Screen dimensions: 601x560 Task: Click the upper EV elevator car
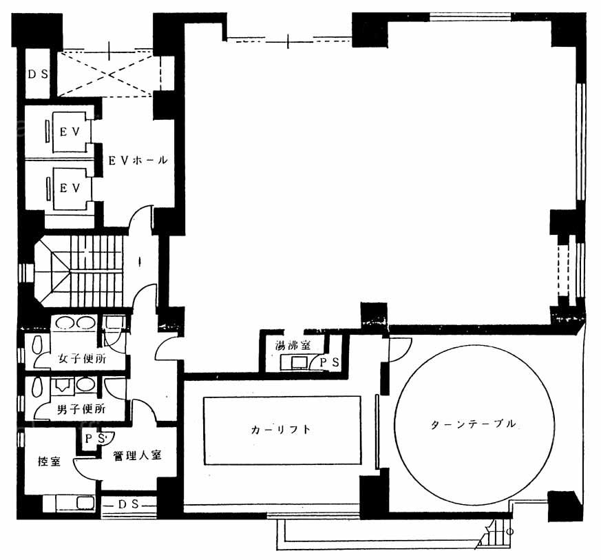(70, 132)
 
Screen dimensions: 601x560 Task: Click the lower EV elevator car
(70, 188)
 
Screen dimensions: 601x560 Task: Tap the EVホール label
(138, 160)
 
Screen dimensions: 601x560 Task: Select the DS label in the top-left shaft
(38, 74)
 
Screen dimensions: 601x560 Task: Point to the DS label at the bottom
(128, 504)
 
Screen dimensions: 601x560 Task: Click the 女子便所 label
(82, 359)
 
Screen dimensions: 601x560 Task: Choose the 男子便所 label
(81, 409)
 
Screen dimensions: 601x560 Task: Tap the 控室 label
(49, 461)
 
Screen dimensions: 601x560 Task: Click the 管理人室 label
(137, 456)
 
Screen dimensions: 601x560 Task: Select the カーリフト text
(280, 430)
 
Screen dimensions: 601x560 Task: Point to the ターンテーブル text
(474, 424)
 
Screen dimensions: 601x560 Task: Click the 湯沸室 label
(293, 345)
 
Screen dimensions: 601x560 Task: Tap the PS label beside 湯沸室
(329, 362)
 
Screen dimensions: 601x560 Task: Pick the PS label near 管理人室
(94, 438)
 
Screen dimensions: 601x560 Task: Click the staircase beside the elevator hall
(78, 271)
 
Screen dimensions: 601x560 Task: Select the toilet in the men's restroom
(37, 387)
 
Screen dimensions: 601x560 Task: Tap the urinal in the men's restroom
(62, 385)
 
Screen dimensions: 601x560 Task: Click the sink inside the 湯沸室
(299, 362)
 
